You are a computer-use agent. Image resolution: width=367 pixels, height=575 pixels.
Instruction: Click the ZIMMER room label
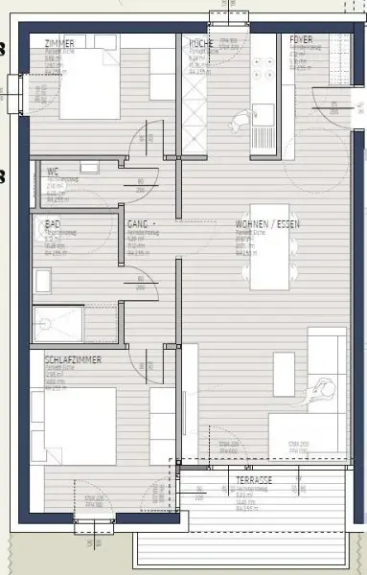click(x=59, y=44)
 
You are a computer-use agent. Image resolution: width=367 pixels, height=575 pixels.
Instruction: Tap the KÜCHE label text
click(x=200, y=44)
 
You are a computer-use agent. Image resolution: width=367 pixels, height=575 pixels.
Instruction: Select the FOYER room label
click(x=302, y=39)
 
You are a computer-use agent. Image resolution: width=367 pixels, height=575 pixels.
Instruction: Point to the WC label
click(x=53, y=172)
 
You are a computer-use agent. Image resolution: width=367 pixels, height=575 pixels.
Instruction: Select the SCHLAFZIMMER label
click(x=73, y=359)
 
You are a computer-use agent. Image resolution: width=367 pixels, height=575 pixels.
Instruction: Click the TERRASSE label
click(x=255, y=478)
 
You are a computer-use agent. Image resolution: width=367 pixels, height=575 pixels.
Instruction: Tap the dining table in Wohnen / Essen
click(x=269, y=247)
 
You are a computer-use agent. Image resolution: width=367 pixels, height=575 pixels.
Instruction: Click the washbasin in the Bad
click(x=41, y=280)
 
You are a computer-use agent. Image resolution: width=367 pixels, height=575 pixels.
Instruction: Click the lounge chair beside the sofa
click(x=322, y=389)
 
